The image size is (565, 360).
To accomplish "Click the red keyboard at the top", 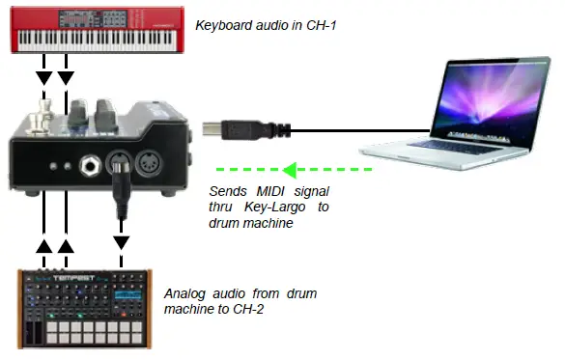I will (96, 33).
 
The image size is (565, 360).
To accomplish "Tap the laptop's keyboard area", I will (436, 146).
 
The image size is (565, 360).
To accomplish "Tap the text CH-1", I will (339, 24).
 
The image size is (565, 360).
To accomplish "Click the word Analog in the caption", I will (187, 292).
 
